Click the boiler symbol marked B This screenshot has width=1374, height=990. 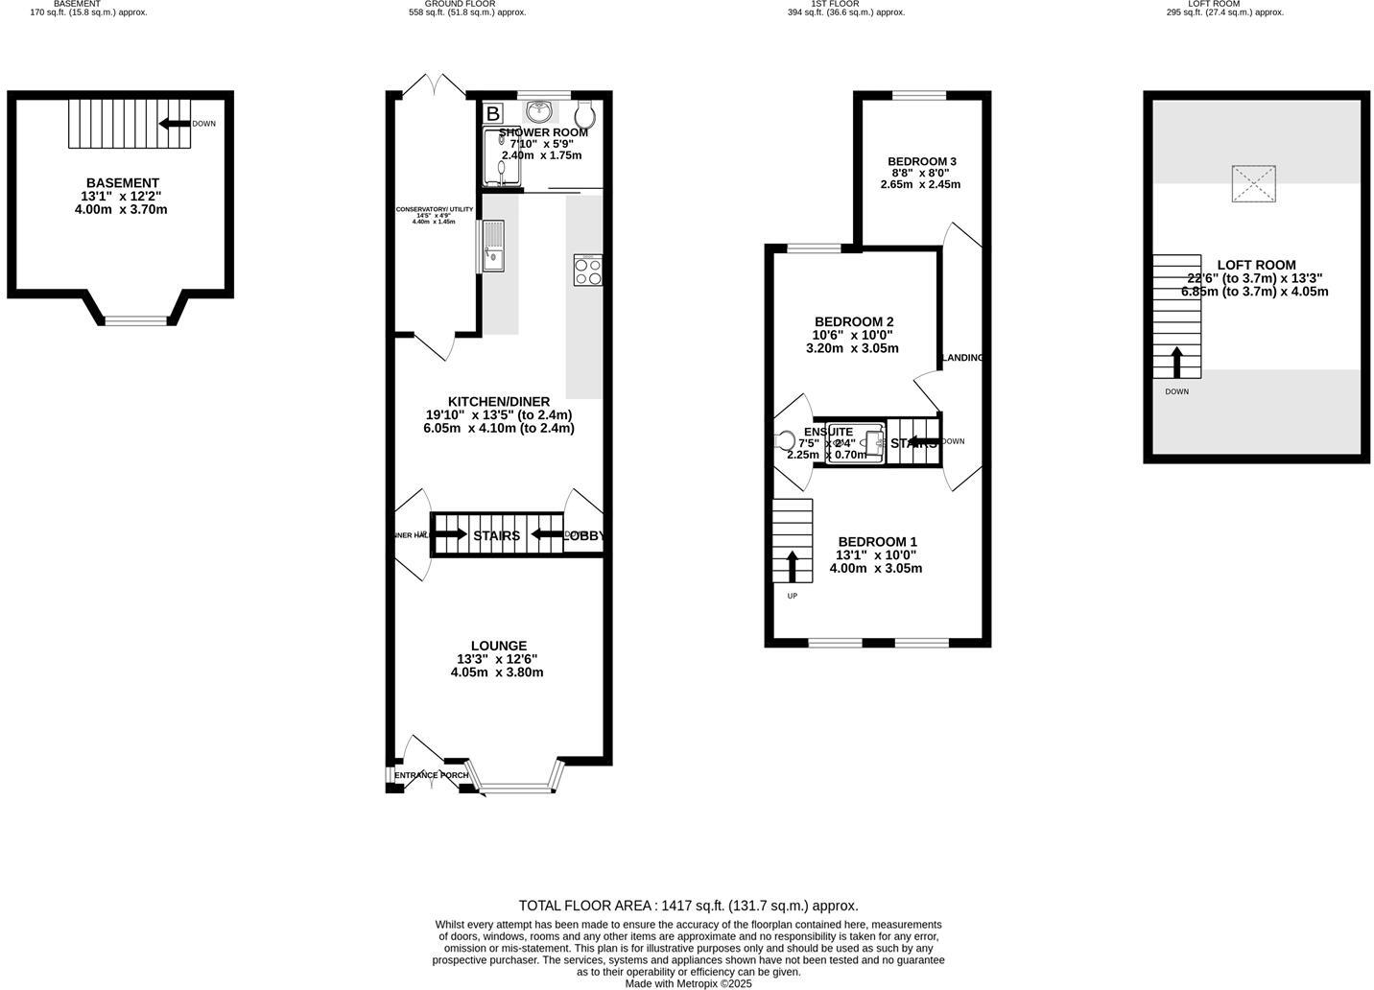[492, 113]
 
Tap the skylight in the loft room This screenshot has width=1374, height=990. [1254, 184]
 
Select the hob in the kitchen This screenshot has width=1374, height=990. [587, 271]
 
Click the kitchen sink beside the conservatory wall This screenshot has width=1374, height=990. [492, 247]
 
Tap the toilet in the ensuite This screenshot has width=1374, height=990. [786, 441]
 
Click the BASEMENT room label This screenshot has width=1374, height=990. [122, 183]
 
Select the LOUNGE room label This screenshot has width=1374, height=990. [498, 646]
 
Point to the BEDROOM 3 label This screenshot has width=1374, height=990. [921, 161]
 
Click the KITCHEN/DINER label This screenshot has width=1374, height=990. [498, 401]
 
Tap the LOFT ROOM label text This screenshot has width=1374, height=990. [1256, 265]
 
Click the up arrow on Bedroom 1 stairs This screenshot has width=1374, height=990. [792, 566]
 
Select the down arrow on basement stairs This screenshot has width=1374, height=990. [175, 124]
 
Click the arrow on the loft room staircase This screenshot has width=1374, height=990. [1176, 363]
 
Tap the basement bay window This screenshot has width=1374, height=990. [135, 321]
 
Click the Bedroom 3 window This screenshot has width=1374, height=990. [919, 95]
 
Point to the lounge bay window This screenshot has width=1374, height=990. [517, 790]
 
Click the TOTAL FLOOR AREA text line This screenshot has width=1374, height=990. [688, 906]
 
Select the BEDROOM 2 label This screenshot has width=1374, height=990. [854, 321]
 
